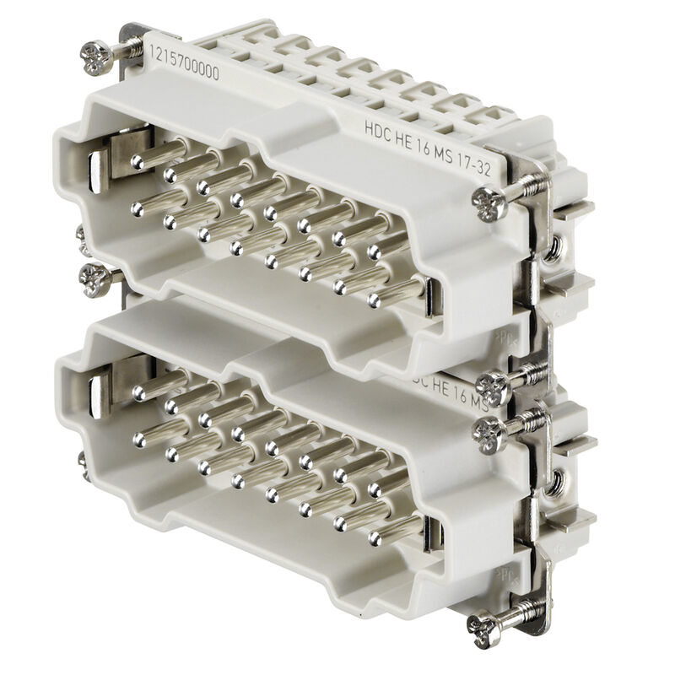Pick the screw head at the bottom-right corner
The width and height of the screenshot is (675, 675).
click(x=484, y=625)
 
